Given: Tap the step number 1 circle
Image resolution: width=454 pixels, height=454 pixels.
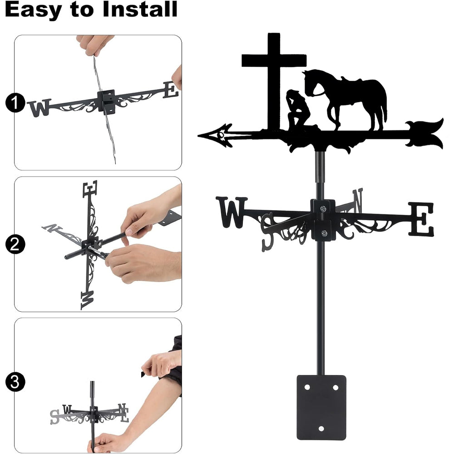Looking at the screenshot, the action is point(15,103).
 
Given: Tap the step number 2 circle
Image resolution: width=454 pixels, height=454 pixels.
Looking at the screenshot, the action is point(15,244).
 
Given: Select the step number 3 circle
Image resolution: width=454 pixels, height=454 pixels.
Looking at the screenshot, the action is point(15,382).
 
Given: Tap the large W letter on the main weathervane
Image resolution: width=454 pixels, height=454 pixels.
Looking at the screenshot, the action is point(232,212).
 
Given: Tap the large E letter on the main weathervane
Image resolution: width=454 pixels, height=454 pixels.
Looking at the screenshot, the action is point(422,219).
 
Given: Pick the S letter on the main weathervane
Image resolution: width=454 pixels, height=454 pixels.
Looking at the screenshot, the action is point(267,232).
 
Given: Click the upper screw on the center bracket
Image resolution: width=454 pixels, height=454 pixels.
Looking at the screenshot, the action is point(323,208).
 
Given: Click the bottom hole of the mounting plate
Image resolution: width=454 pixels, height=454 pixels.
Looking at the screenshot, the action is point(321,429).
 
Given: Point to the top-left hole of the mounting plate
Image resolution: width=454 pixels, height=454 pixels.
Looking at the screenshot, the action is point(307,387).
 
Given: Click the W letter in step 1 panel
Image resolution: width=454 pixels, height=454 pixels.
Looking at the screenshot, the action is point(39,108).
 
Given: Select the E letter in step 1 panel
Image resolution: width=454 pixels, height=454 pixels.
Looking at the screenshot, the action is point(171,90).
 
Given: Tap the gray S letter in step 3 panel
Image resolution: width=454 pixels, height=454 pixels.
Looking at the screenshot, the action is point(54,417).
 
